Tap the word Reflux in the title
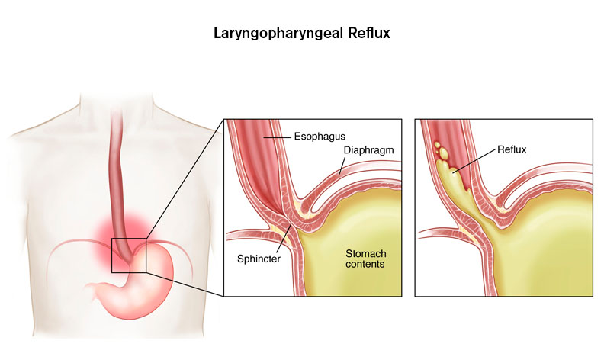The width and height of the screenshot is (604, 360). click(369, 34)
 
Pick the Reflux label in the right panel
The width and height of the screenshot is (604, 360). click(511, 150)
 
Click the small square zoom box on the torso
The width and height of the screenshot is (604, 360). click(129, 255)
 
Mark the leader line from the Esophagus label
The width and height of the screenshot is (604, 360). click(279, 138)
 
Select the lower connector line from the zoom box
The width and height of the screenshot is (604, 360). click(183, 283)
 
